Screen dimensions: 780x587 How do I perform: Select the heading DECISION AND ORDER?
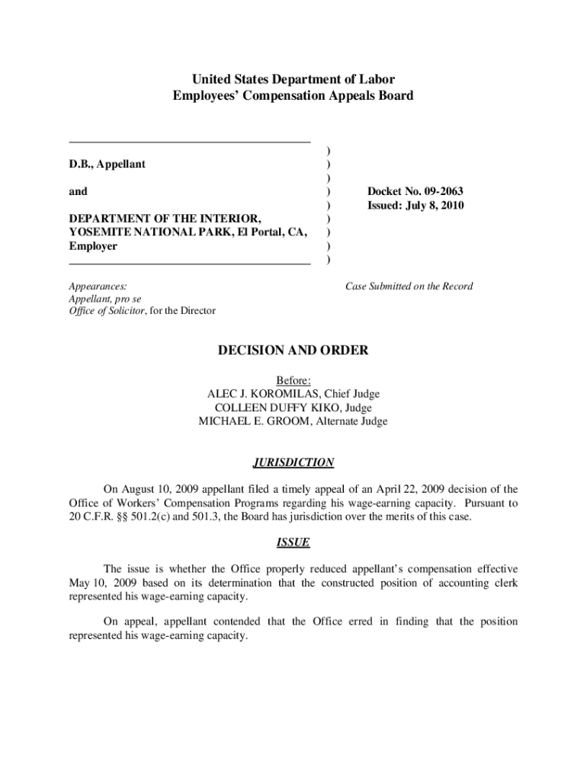tap(293, 350)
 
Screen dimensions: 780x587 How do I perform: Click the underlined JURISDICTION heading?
tap(293, 462)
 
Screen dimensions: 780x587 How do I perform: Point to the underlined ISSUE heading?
tap(293, 543)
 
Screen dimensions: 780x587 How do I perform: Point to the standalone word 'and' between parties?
tap(78, 191)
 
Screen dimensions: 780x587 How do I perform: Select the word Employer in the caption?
tap(93, 246)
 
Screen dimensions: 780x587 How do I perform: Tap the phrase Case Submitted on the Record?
tap(409, 286)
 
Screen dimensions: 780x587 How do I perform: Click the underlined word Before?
tap(293, 380)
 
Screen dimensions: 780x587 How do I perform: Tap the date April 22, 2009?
tap(409, 489)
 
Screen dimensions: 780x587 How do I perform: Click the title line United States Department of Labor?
tap(293, 79)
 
